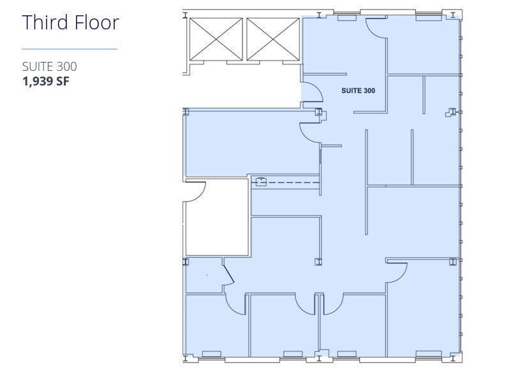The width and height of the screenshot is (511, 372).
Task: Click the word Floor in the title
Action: click(x=94, y=22)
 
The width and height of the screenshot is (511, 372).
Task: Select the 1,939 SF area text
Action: click(x=45, y=81)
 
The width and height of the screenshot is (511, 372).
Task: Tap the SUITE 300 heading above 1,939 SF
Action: click(x=50, y=66)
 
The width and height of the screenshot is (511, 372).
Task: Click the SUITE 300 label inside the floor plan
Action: click(x=358, y=91)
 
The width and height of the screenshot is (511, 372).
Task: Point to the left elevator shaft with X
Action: click(x=216, y=40)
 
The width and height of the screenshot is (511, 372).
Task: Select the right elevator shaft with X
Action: click(x=273, y=40)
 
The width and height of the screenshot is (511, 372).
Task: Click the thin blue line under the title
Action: click(x=70, y=49)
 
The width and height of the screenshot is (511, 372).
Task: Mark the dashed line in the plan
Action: click(x=293, y=183)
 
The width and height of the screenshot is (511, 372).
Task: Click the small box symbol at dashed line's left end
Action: click(x=260, y=182)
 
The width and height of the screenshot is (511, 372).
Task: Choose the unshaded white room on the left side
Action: click(x=217, y=220)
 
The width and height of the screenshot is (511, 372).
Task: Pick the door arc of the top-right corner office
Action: click(x=376, y=29)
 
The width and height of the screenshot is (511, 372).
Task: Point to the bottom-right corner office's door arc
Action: click(x=397, y=272)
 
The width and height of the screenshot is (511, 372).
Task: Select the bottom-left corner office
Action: click(x=216, y=325)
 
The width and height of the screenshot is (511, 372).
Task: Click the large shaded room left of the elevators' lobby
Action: click(x=249, y=142)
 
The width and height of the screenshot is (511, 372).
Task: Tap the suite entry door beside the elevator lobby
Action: click(x=311, y=93)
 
